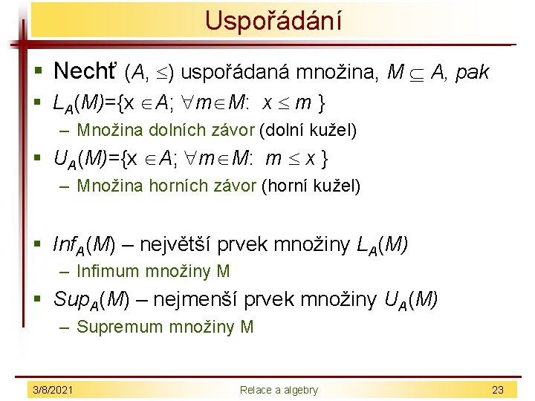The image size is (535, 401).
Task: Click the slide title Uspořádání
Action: (x=273, y=20)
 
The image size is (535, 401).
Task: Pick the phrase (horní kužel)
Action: (x=311, y=186)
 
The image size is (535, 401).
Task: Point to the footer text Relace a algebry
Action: (x=279, y=390)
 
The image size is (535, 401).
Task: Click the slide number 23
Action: (x=498, y=390)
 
